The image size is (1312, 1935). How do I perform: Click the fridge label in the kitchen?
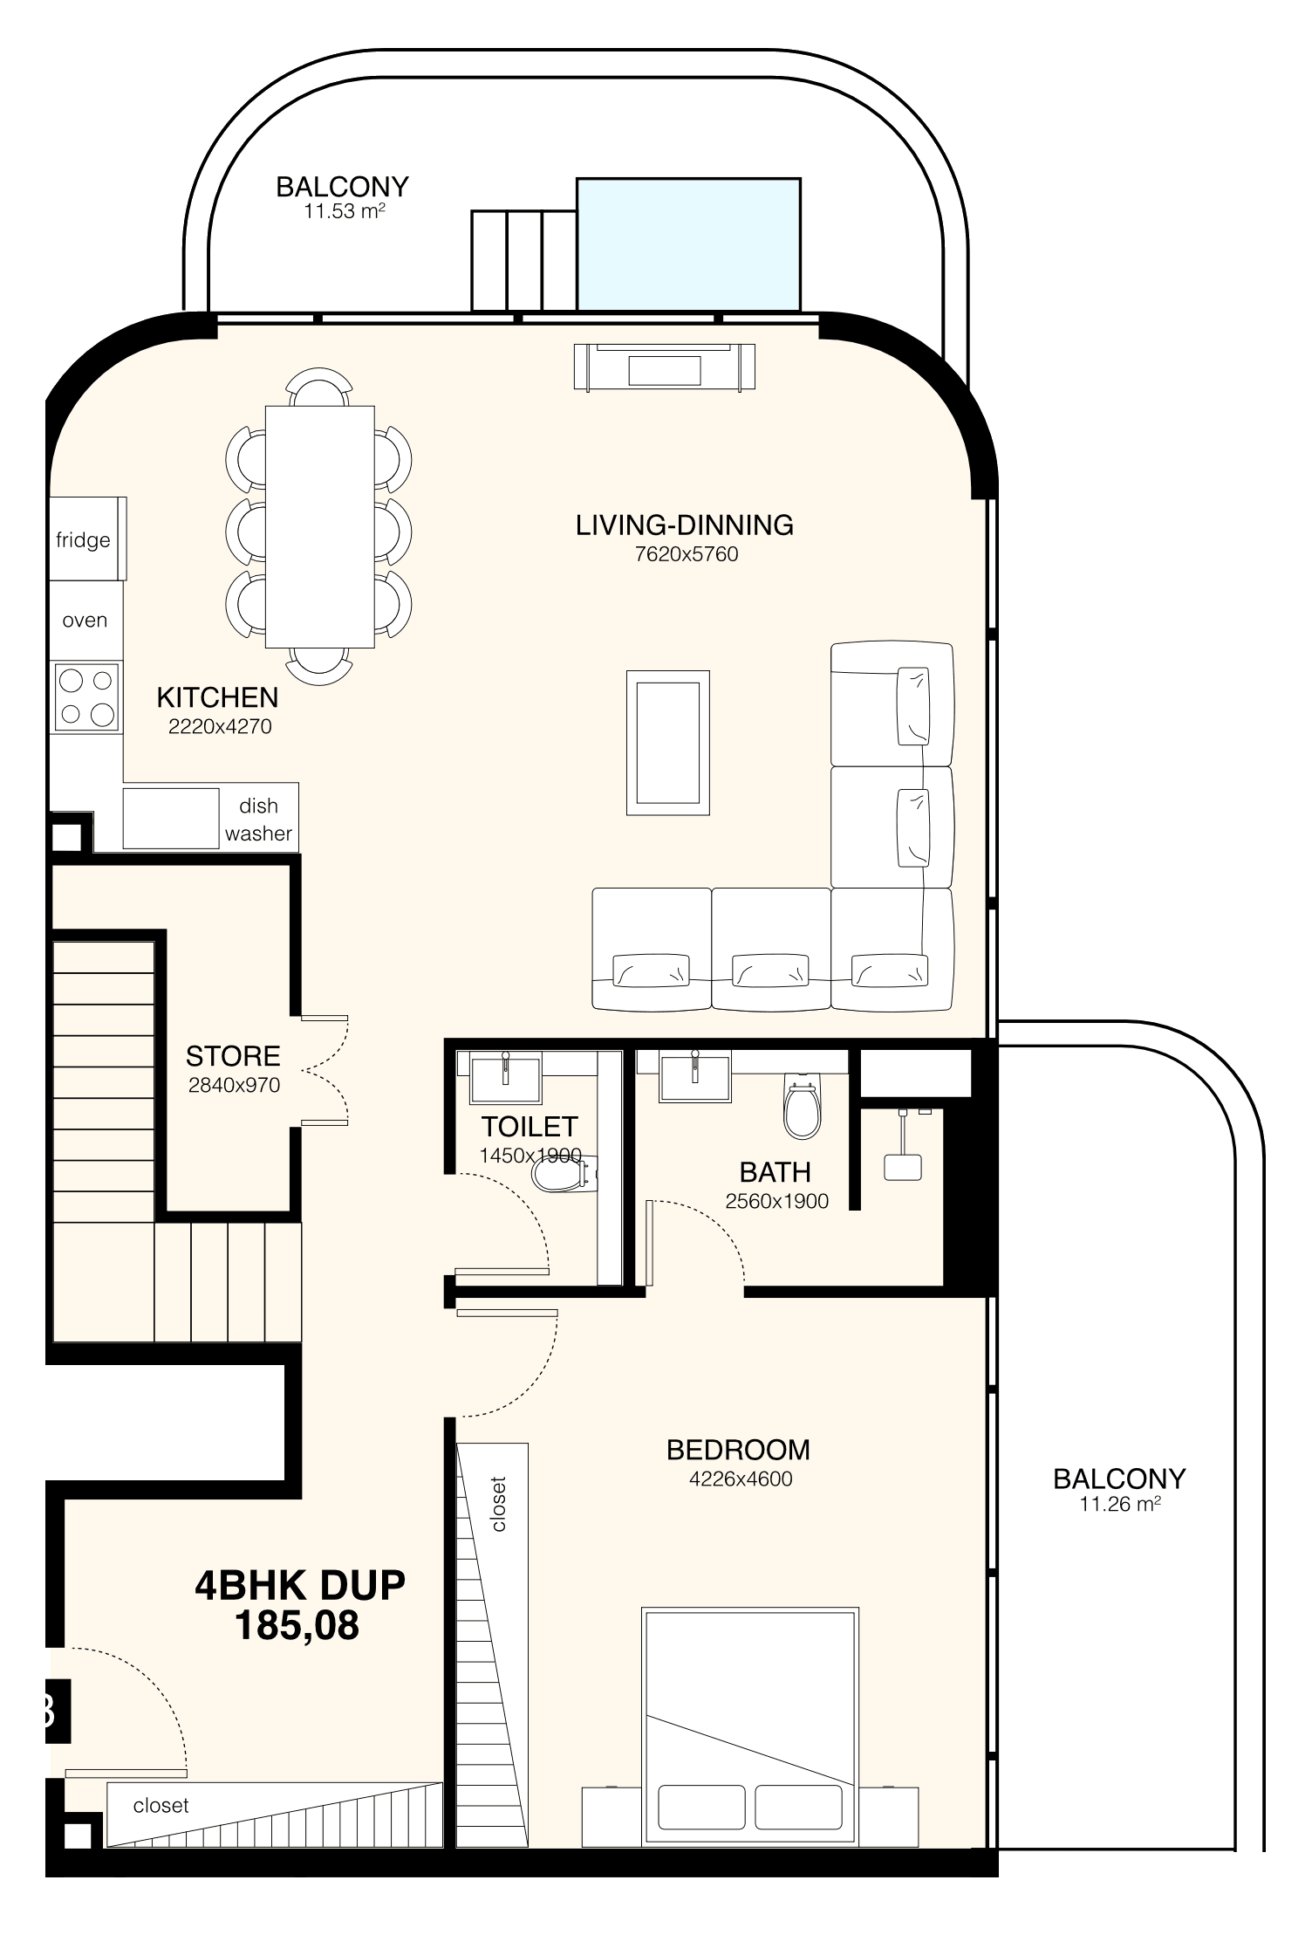[x=83, y=540]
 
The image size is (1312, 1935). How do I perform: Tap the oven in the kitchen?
[x=85, y=620]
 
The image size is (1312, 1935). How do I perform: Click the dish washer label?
[x=258, y=819]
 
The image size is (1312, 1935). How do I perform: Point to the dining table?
[x=320, y=526]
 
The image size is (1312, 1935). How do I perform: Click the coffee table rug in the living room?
[x=667, y=743]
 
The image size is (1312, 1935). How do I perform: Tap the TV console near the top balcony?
[x=665, y=367]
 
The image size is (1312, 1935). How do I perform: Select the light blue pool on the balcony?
[x=688, y=244]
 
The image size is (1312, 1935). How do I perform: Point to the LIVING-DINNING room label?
[x=685, y=525]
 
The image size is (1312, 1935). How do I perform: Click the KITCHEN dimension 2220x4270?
[x=220, y=726]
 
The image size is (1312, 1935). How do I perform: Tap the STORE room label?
[x=233, y=1056]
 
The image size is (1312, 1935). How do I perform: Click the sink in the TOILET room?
[x=505, y=1077]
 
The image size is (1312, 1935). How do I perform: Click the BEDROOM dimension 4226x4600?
[x=741, y=1479]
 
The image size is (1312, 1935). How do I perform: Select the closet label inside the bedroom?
[x=499, y=1504]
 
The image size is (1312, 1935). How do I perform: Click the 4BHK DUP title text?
[x=300, y=1585]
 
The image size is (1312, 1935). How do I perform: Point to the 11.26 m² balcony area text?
[x=1120, y=1504]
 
